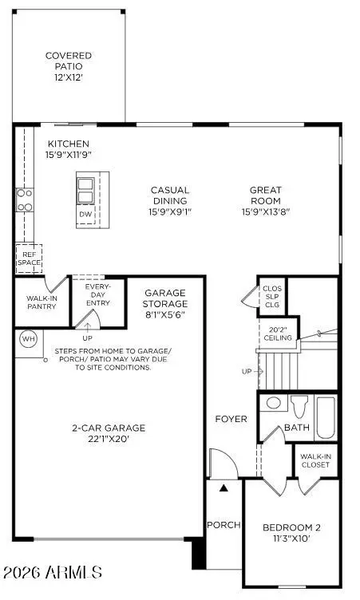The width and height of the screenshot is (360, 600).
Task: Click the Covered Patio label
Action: (x=68, y=66)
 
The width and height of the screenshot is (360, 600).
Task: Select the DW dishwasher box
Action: (x=85, y=215)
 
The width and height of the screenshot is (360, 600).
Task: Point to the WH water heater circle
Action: (x=28, y=338)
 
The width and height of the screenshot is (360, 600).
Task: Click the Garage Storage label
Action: (x=165, y=298)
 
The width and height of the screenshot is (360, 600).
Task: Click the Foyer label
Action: (x=231, y=419)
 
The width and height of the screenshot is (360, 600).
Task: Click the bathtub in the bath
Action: (x=326, y=416)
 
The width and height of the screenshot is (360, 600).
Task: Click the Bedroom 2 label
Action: (x=291, y=533)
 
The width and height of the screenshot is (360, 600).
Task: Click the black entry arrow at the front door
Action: (x=224, y=487)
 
